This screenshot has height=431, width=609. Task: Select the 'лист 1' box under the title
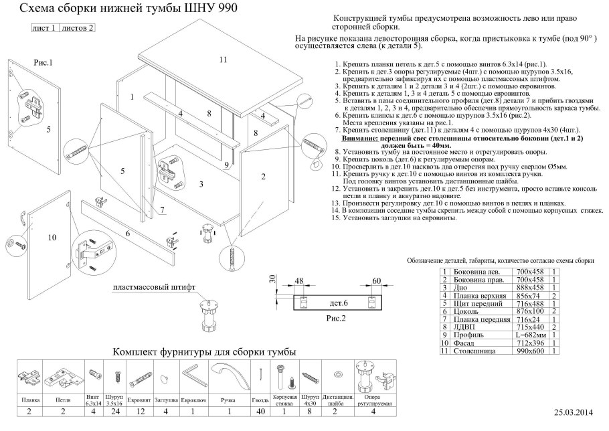45,29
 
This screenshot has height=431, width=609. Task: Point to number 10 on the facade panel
52,238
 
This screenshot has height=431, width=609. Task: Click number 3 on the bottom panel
201,183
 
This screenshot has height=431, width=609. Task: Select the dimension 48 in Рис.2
299,281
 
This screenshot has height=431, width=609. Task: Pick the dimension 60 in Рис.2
375,281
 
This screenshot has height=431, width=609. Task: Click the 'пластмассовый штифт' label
154,288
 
